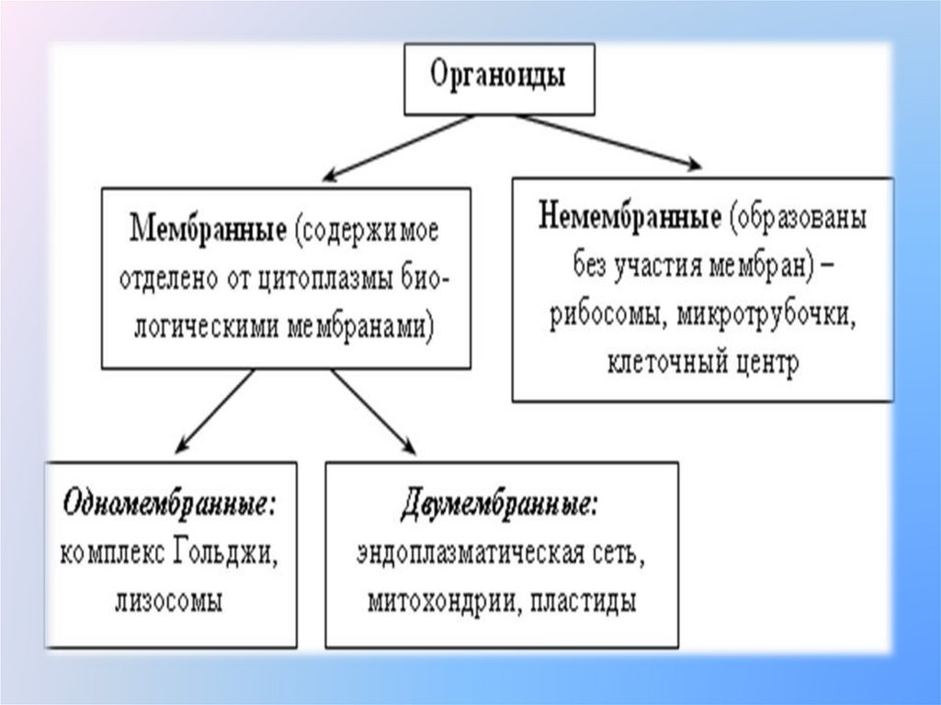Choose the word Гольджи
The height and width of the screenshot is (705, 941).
tap(228, 554)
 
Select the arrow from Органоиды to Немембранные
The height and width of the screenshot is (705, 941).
tap(609, 142)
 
